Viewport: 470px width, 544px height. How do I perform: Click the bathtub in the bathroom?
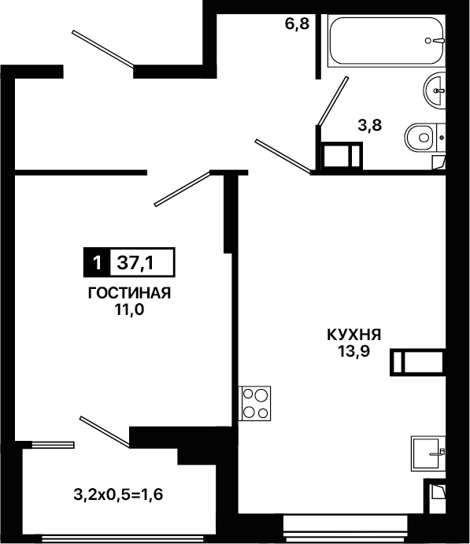point(387,41)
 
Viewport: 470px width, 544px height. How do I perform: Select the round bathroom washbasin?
point(435,91)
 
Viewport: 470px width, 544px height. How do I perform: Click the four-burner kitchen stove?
point(254,404)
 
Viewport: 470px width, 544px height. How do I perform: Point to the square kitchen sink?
point(428,453)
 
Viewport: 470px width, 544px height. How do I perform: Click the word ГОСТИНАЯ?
point(129,294)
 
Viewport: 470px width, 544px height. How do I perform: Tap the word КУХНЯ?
point(354,335)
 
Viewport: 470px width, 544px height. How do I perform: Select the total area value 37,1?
point(135,263)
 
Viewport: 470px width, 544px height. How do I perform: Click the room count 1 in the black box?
point(97,263)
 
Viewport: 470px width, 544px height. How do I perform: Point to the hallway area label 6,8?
point(297,24)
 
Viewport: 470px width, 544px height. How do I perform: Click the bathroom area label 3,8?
point(370,125)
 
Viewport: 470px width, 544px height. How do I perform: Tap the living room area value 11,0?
point(129,310)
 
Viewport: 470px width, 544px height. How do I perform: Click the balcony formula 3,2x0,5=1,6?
point(118,494)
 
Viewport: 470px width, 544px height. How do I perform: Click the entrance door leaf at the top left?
point(103,48)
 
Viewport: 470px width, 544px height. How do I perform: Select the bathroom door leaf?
point(332,101)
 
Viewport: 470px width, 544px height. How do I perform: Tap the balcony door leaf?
point(105,431)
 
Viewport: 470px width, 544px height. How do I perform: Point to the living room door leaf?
point(183,188)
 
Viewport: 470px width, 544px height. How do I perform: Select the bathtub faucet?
point(435,41)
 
